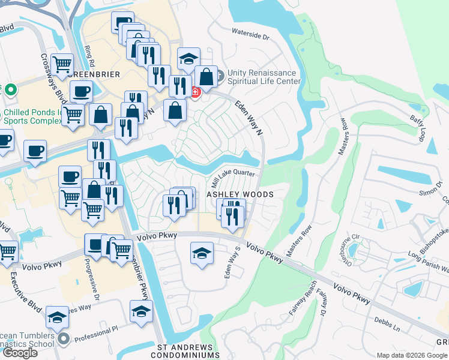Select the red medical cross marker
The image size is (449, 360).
[x=196, y=92]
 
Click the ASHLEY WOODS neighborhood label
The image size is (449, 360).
[x=240, y=194]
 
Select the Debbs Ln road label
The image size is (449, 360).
[x=387, y=325]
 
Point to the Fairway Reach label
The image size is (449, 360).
[x=301, y=304]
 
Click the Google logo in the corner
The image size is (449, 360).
[x=19, y=352]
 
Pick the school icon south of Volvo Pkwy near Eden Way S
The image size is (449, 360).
[x=202, y=253]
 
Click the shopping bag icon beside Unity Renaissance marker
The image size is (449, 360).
[x=206, y=77]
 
